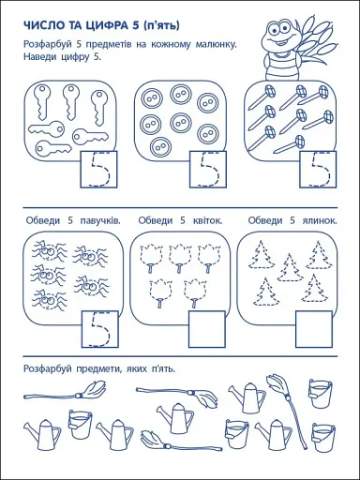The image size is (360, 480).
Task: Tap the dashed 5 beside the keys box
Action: click(x=100, y=171)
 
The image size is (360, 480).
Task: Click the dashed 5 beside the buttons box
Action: click(x=209, y=170)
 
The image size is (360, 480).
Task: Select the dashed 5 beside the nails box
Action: click(x=320, y=170)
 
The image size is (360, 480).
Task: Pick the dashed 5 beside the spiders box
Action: click(x=100, y=329)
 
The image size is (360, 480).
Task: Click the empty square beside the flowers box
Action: click(x=207, y=329)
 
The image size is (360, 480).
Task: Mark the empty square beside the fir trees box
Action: click(x=314, y=329)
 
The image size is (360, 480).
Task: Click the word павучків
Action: click(x=100, y=221)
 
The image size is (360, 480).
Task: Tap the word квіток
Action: click(x=206, y=221)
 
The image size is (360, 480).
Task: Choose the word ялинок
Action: click(x=320, y=221)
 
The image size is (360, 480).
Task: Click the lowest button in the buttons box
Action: click(x=160, y=147)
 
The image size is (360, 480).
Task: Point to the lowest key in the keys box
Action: click(x=53, y=147)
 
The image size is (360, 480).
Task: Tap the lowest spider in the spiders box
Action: click(x=49, y=301)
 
